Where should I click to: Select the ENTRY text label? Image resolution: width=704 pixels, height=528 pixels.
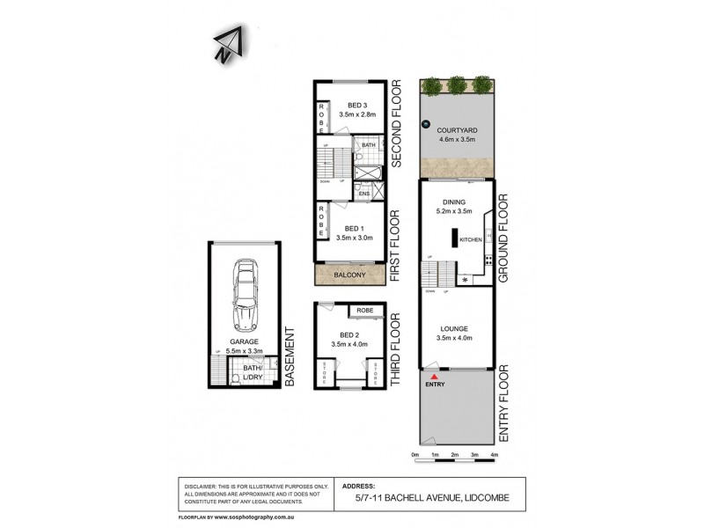point(434,385)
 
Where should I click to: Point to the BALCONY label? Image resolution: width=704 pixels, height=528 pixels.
point(350,275)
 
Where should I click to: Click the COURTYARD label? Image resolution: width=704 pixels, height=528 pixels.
point(456,129)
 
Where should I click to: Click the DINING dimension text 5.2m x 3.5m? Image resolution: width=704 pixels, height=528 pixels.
point(455,211)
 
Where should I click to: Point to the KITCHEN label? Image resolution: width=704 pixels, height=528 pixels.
point(470,239)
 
